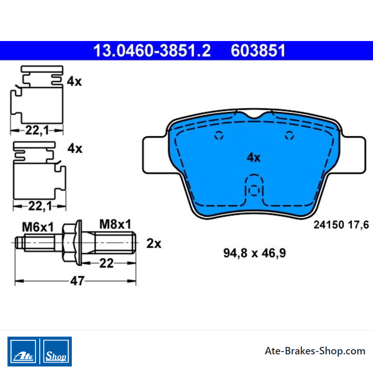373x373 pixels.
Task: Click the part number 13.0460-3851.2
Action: click(152, 50)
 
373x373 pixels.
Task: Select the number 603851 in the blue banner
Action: click(258, 50)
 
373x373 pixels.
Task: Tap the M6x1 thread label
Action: click(38, 227)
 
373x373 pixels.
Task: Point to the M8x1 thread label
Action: click(115, 224)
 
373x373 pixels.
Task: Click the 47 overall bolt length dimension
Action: click(77, 281)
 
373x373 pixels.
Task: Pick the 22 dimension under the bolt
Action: click(106, 263)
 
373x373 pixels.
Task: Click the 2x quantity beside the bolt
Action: click(154, 243)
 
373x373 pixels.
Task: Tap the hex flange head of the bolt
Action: click(72, 242)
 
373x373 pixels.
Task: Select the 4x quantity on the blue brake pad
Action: click(254, 158)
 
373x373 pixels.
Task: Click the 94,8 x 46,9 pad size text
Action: click(255, 253)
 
